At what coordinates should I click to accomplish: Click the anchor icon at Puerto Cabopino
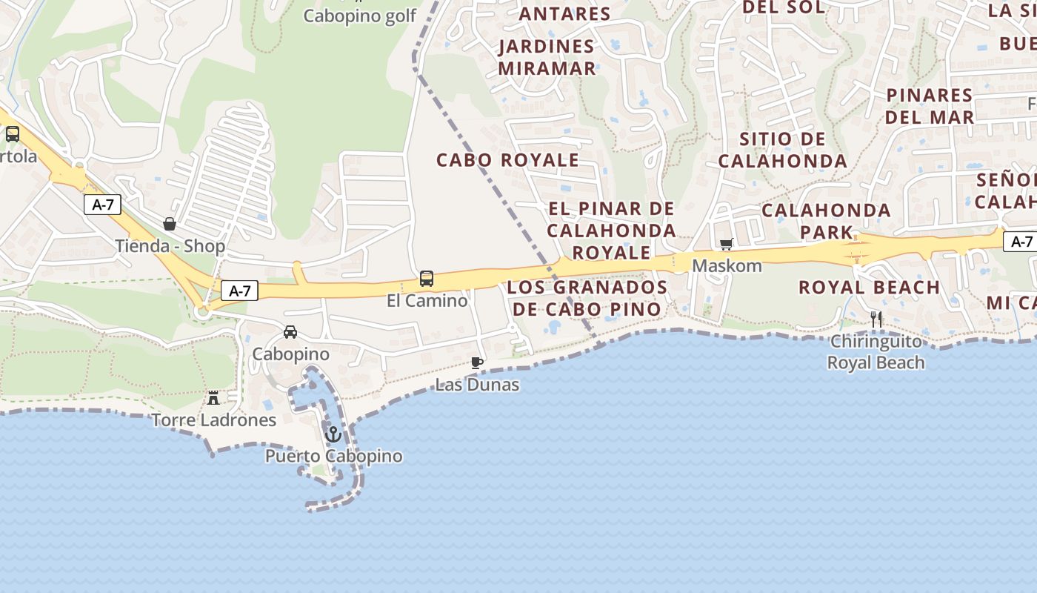[333, 434]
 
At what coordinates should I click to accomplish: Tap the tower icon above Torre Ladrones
[213, 398]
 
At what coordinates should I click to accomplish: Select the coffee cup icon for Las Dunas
[477, 362]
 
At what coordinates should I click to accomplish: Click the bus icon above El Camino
[427, 279]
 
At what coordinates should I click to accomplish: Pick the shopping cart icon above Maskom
[727, 244]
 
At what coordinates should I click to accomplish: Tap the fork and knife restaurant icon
[876, 319]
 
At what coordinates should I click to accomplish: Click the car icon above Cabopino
[290, 332]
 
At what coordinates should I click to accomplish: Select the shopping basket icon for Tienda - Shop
[170, 224]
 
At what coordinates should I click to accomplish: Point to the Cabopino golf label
[360, 16]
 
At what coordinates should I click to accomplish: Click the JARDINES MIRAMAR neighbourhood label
[547, 57]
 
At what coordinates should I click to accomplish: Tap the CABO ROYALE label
[507, 160]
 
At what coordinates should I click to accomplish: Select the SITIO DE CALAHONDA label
[782, 150]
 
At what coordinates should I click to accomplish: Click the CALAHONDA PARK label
[826, 221]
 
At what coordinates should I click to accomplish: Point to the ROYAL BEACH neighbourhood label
[869, 287]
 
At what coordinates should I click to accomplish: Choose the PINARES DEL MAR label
[929, 106]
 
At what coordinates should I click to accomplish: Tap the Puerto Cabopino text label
[334, 456]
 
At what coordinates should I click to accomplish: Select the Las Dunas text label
[477, 385]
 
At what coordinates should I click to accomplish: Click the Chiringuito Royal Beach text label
[876, 352]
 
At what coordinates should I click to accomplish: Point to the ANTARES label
[564, 13]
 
